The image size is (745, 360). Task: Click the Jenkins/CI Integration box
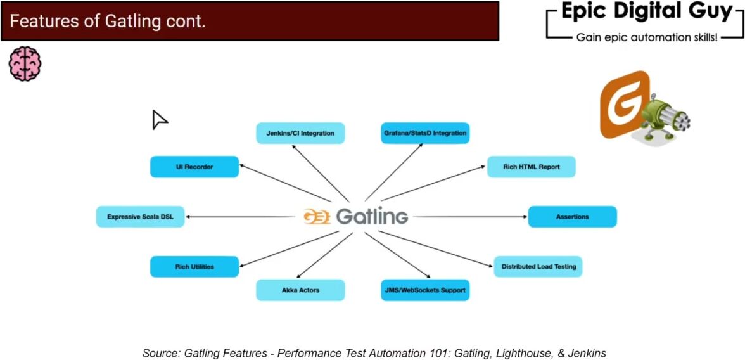[300, 133]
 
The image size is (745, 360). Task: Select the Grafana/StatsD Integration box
[425, 133]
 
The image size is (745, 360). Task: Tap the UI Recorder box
[194, 167]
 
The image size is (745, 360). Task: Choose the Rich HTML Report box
[531, 167]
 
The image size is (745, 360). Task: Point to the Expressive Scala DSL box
[140, 217]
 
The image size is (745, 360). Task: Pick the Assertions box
[572, 217]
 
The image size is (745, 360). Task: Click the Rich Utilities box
[194, 267]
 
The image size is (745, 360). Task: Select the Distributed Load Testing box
[538, 267]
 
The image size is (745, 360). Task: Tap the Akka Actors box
[300, 290]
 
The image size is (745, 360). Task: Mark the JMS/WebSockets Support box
[425, 290]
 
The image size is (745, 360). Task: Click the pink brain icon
[25, 63]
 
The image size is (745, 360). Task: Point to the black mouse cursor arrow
[158, 119]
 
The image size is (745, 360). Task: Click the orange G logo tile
[623, 105]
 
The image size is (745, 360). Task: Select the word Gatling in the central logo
[372, 217]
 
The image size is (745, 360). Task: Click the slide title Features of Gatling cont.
[108, 22]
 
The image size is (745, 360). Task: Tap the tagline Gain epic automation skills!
[646, 38]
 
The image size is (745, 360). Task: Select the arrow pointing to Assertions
[469, 217]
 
